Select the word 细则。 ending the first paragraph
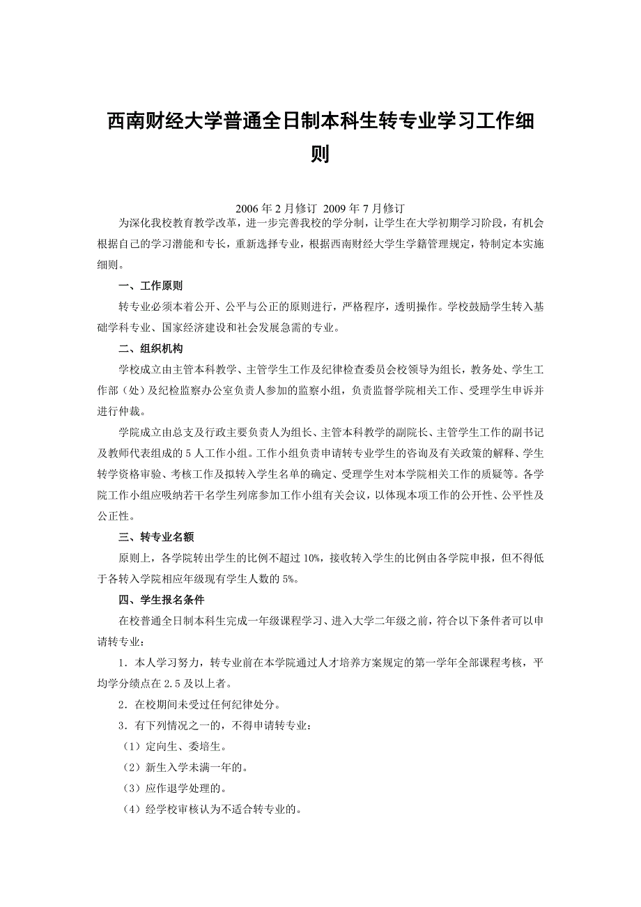[112, 265]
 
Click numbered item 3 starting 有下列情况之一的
[215, 725]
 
